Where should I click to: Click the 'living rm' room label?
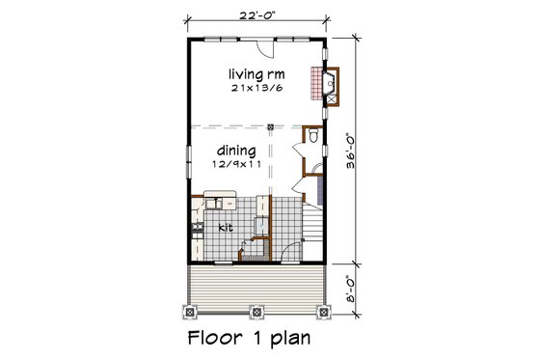point(254,73)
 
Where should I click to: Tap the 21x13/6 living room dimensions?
point(254,88)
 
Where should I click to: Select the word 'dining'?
point(234,151)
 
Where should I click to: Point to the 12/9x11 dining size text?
point(234,164)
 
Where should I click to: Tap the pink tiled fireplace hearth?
point(314,85)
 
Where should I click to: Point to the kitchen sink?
point(215,203)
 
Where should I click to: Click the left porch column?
point(189,311)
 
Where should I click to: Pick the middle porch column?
point(256,311)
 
